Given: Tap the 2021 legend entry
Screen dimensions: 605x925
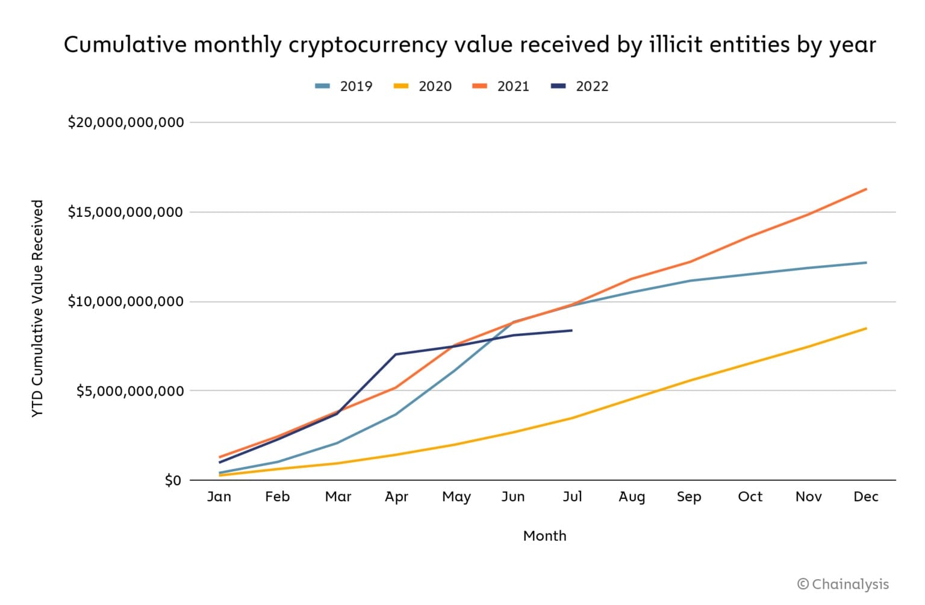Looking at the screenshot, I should (x=501, y=86).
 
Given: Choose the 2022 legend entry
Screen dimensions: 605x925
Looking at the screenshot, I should (x=580, y=86).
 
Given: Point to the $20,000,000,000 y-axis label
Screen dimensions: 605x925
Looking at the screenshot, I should (x=125, y=122).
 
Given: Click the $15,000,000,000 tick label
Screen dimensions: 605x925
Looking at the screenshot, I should (x=125, y=212).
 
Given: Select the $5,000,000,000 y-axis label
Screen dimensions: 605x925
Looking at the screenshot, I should (x=129, y=391).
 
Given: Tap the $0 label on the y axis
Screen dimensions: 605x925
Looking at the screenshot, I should (x=173, y=480).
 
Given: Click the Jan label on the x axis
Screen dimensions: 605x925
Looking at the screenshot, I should (x=219, y=497).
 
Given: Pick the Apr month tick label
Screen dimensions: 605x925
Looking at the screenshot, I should (x=396, y=497).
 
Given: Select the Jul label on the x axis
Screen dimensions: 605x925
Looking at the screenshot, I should (x=572, y=497).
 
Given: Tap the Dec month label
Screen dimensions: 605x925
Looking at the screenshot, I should (x=866, y=497).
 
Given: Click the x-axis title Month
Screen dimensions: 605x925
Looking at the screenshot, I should (x=544, y=536).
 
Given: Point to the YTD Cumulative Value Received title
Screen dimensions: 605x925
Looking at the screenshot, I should (x=37, y=309).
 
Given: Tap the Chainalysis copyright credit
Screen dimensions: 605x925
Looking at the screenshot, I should (x=842, y=584).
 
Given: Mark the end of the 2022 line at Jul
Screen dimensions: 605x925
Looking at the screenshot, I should (x=572, y=330).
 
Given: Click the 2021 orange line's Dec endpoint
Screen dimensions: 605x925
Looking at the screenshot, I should (x=866, y=189).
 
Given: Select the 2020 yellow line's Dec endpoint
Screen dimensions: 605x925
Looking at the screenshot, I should (x=866, y=328).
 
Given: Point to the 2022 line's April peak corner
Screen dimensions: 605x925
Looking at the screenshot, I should (x=396, y=354).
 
